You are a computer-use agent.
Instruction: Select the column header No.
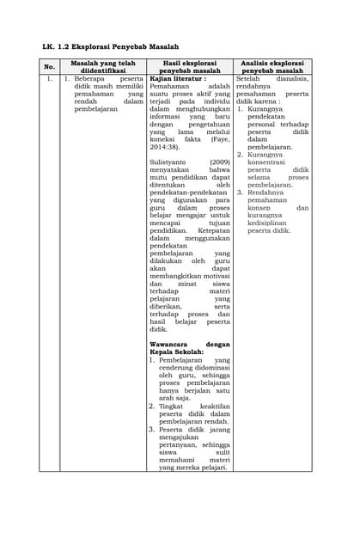point(49,66)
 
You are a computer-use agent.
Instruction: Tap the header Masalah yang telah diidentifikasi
point(102,66)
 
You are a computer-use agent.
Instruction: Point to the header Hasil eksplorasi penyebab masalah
point(189,66)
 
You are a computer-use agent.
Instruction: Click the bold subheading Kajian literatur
point(176,78)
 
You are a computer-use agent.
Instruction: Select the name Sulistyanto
point(169,162)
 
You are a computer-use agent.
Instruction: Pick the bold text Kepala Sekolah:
point(176,351)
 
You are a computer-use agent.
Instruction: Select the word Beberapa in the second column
point(89,78)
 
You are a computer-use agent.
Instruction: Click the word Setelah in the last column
point(249,78)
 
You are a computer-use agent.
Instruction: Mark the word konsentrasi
point(270,162)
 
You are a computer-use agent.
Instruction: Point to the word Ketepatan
point(213,231)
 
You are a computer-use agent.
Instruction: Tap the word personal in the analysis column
point(265,125)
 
